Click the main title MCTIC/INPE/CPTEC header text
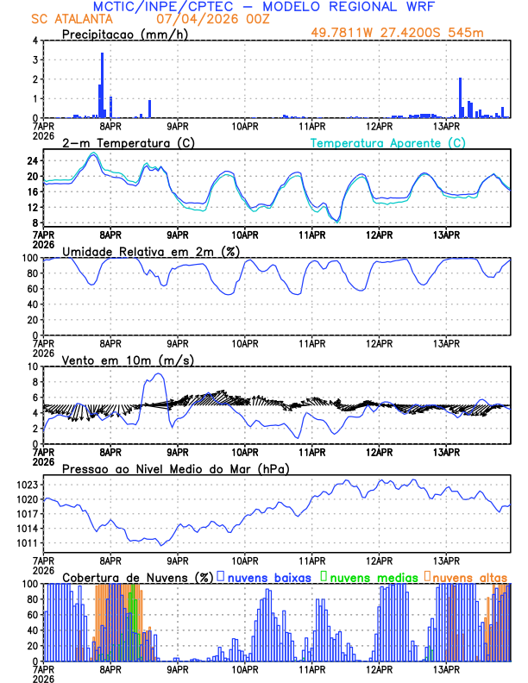tap(262, 7)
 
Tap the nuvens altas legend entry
tap(468, 576)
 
